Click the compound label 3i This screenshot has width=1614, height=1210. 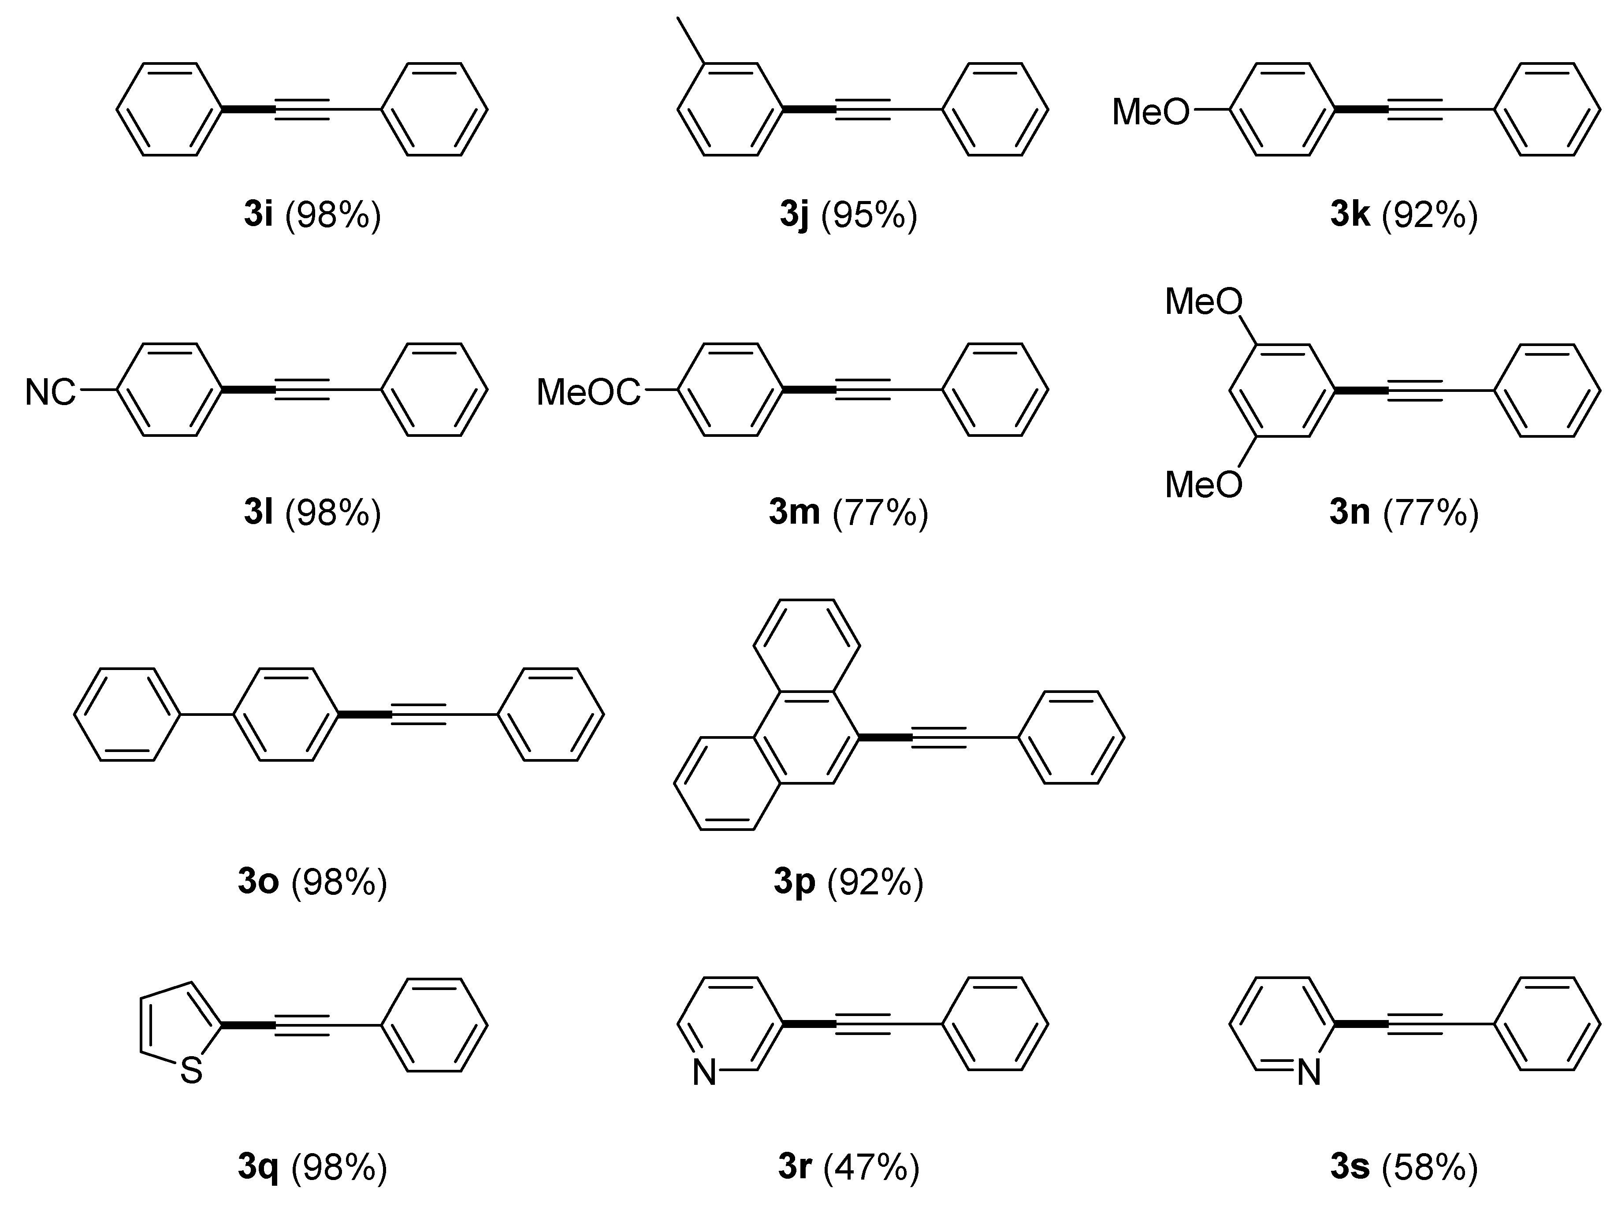(x=258, y=215)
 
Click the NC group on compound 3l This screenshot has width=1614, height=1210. (x=50, y=393)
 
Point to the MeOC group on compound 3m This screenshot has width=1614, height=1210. (x=588, y=393)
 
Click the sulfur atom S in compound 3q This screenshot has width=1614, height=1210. (x=191, y=1071)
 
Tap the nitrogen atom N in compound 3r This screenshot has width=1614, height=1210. (x=704, y=1073)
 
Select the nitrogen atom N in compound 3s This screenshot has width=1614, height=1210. (x=1309, y=1073)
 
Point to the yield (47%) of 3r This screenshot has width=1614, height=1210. (x=871, y=1168)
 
